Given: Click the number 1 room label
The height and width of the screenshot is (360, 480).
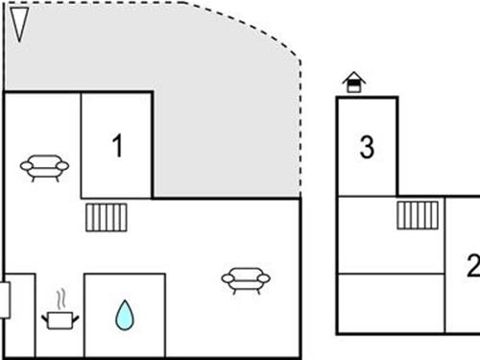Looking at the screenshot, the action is point(117,147).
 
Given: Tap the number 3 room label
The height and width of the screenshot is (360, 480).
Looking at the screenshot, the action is point(367,148).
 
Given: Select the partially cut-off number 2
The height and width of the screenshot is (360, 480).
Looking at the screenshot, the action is point(472,264).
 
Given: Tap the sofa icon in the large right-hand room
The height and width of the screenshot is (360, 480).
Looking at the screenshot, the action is point(245,279).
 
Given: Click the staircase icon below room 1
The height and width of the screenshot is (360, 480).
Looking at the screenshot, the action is point(106,217).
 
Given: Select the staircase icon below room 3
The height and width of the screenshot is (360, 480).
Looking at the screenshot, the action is point(418,214).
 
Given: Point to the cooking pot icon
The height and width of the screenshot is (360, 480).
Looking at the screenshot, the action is point(60,319).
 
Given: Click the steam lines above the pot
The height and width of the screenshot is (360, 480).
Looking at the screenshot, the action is point(60,297).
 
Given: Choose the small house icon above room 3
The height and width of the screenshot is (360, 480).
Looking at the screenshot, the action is point(354,83).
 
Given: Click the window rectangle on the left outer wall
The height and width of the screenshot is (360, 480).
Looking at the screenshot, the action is point(5,299).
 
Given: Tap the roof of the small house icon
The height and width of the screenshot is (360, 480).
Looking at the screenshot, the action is point(354,77).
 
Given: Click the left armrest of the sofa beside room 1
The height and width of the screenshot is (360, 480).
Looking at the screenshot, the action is point(25,167).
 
